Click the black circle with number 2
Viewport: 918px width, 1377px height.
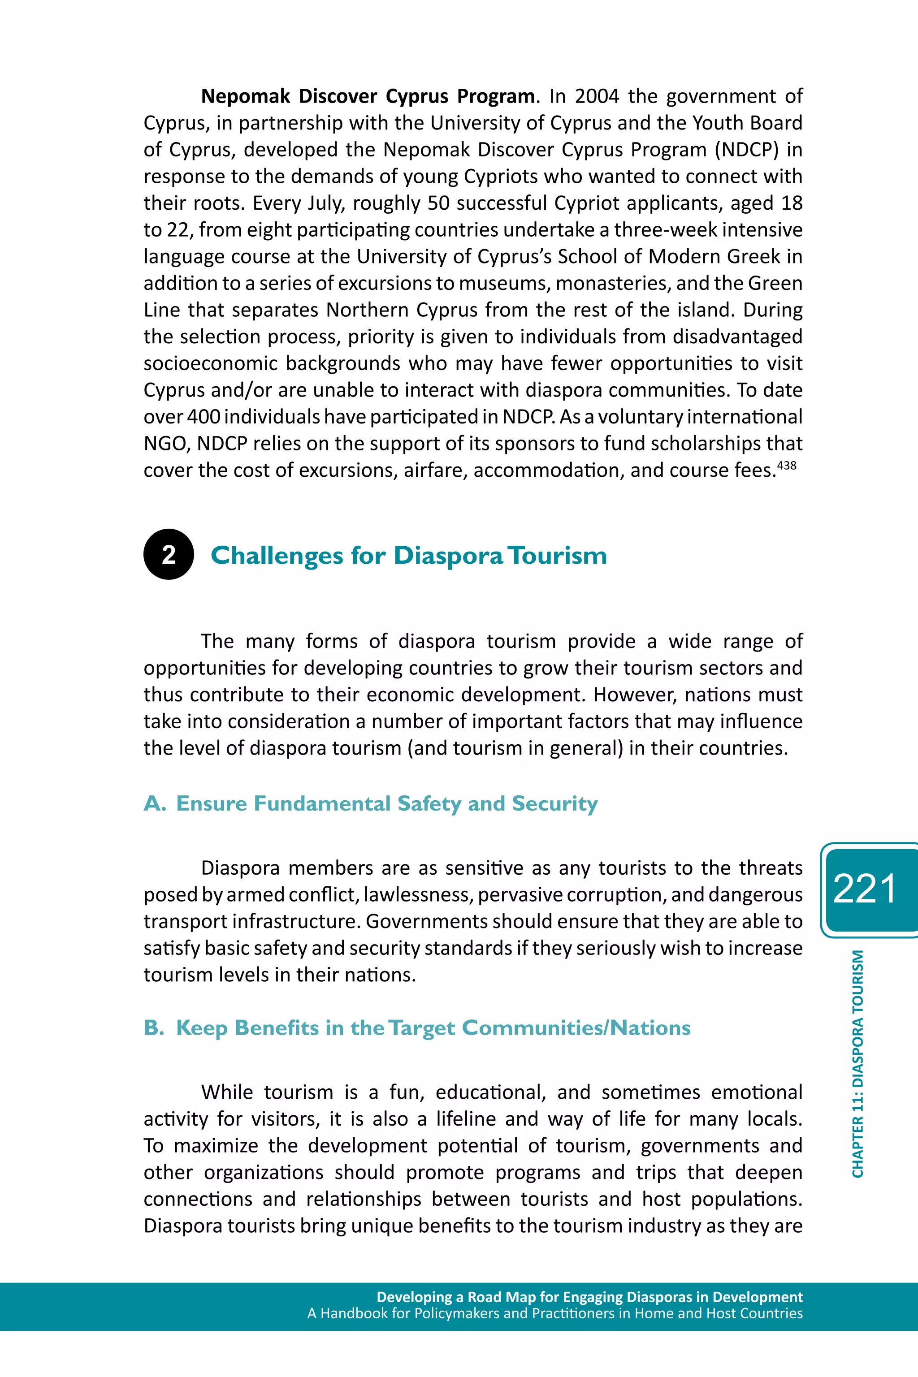tap(169, 554)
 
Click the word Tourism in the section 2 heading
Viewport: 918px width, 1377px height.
tap(557, 555)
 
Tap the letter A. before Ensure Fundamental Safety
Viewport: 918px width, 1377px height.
tap(155, 803)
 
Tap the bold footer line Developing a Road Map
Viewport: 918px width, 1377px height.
tap(589, 1297)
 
